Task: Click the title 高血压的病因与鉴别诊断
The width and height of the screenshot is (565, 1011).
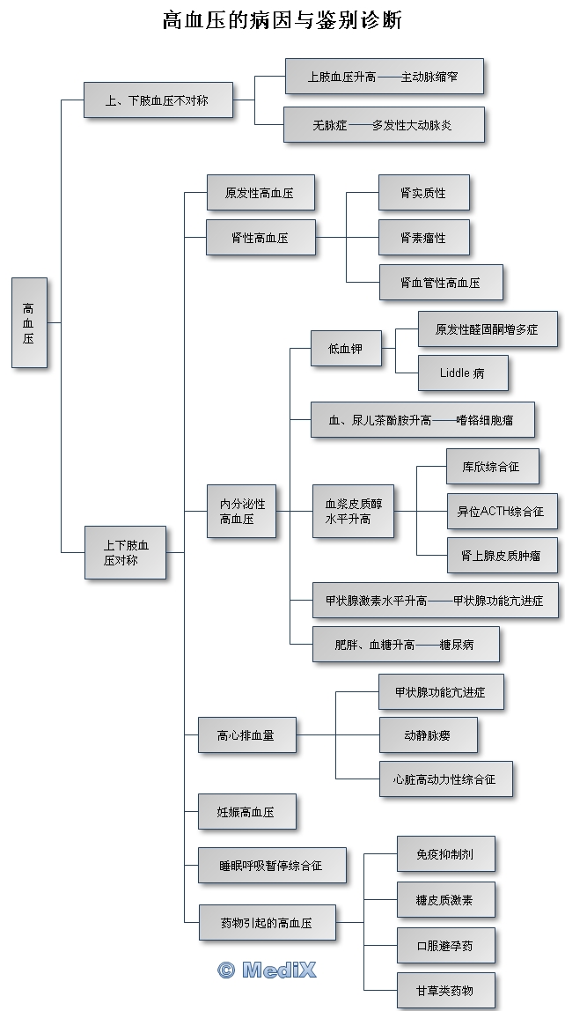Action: pos(282,20)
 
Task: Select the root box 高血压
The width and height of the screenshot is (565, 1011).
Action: pos(29,322)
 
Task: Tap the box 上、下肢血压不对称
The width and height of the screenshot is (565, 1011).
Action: pos(158,100)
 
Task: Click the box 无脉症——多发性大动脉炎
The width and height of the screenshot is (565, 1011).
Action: pos(383,125)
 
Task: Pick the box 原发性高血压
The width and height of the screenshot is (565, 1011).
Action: pos(260,193)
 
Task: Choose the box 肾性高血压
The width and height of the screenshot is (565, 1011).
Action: pos(260,237)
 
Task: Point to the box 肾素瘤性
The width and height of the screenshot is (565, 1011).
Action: pos(423,238)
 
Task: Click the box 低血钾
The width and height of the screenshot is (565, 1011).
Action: pos(335,350)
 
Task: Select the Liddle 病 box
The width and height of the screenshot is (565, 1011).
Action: pos(462,373)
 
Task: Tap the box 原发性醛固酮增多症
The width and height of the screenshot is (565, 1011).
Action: pos(487,328)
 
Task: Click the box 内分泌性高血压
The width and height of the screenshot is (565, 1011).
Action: pos(242,512)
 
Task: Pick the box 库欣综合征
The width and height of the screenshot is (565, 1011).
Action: pos(490,467)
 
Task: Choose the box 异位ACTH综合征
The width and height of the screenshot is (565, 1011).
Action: pos(501,511)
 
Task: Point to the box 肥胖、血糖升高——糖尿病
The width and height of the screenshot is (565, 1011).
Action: pos(406,645)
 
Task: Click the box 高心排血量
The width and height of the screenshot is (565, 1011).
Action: pos(246,734)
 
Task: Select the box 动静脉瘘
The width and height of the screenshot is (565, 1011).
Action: pos(428,734)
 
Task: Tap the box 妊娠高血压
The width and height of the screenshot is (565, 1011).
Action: pos(246,812)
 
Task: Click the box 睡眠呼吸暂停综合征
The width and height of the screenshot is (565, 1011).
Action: pos(271,866)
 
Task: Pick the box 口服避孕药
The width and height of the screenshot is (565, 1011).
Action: pos(444,946)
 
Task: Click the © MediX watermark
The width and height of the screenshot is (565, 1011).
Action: pos(267,970)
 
